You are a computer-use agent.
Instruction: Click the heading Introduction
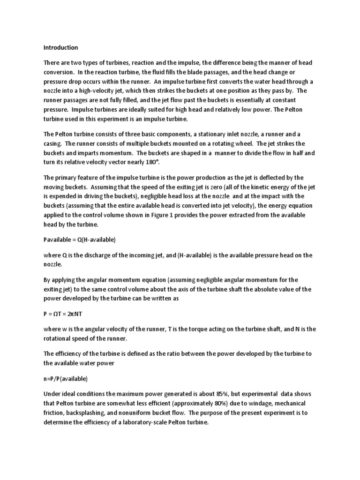click(x=61, y=47)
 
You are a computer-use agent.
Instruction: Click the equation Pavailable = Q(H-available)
click(x=80, y=240)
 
